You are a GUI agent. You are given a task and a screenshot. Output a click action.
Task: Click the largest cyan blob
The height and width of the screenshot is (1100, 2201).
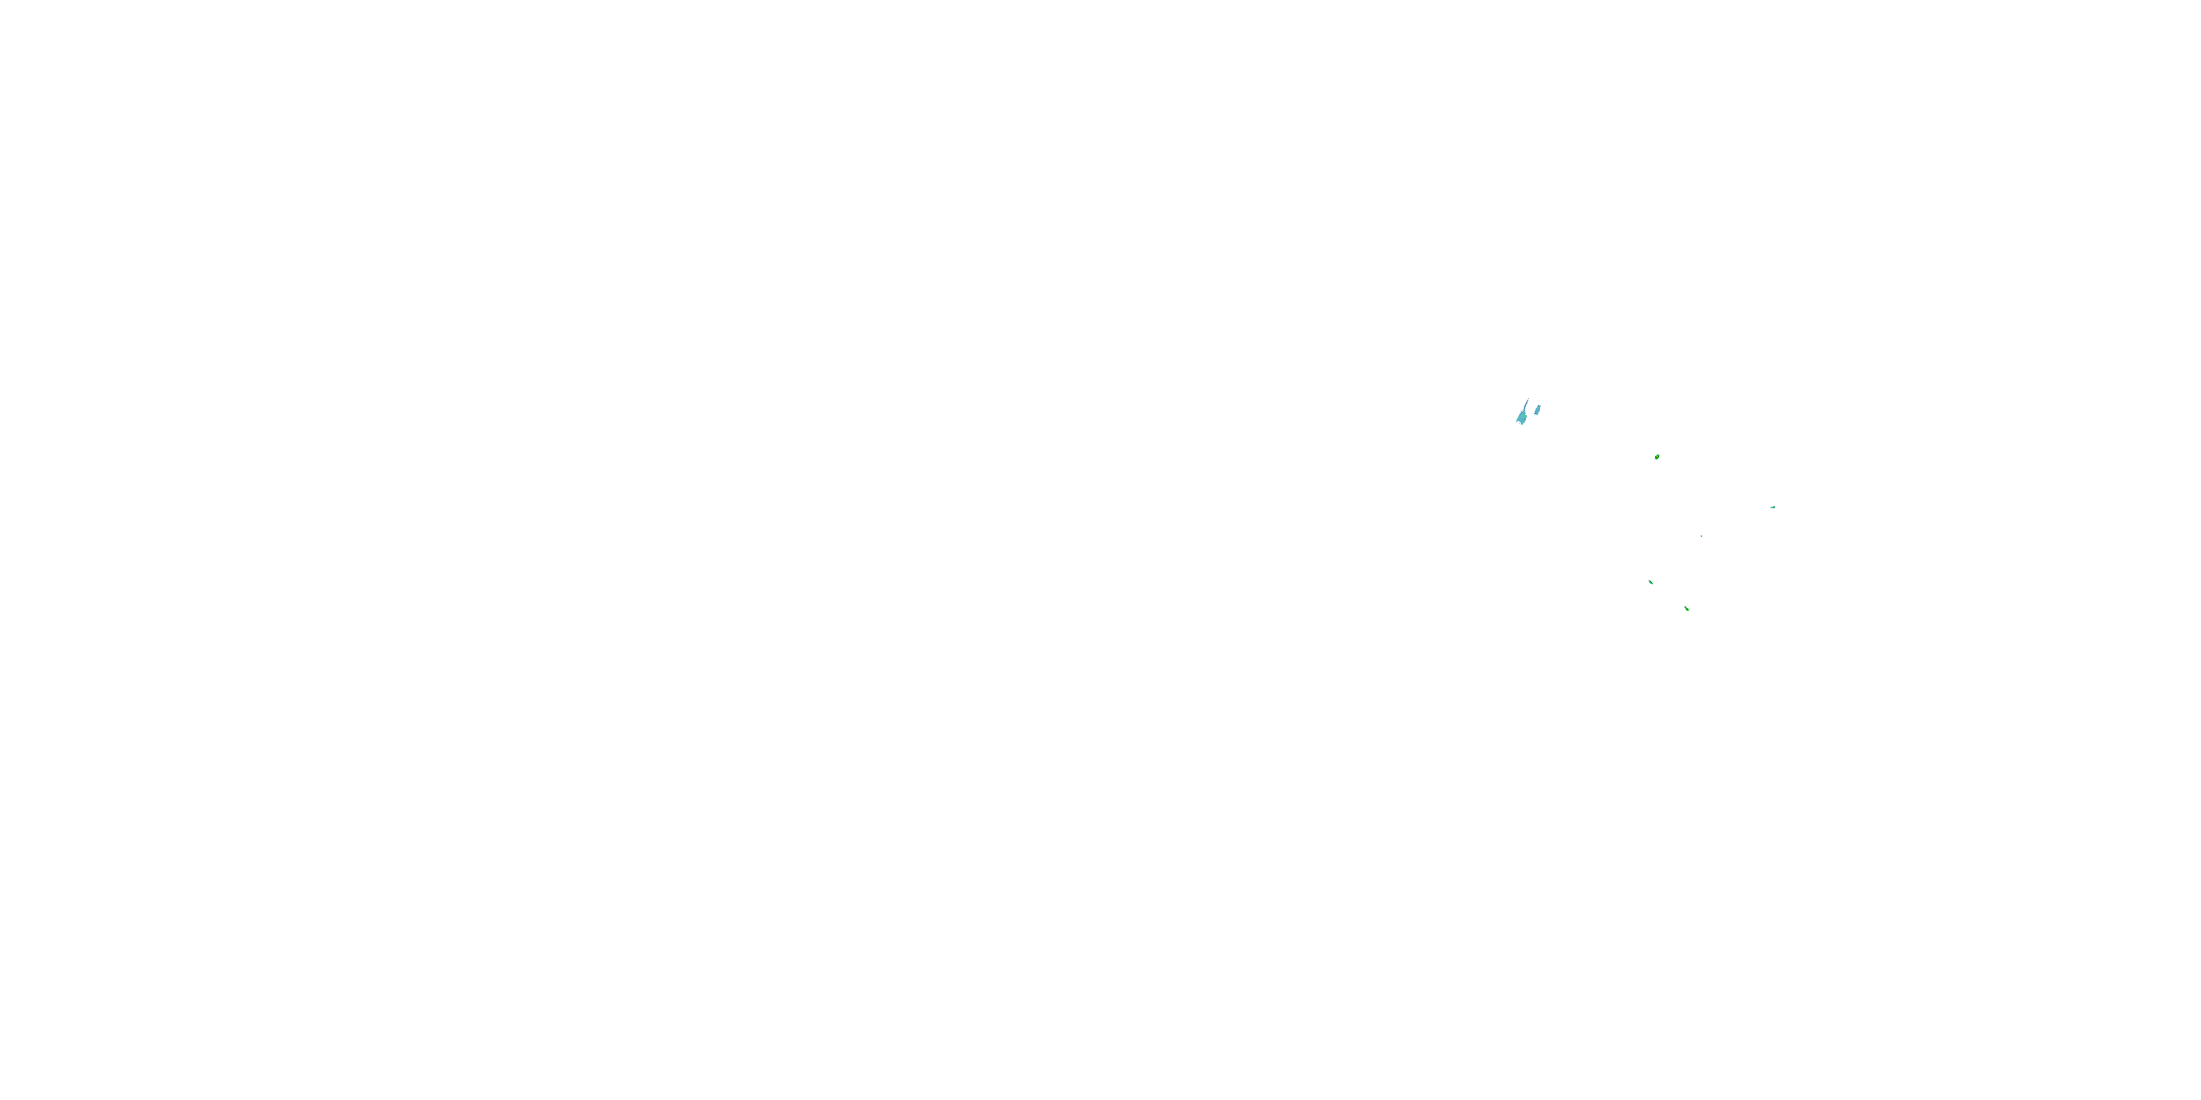(x=1522, y=417)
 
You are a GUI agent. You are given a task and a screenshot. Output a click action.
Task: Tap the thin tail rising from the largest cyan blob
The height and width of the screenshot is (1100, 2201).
(x=1526, y=405)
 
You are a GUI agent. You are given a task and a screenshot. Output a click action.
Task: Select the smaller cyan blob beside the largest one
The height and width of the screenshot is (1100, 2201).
(x=1537, y=410)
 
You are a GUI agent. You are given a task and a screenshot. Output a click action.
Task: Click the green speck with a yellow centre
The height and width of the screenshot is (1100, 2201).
(x=1657, y=457)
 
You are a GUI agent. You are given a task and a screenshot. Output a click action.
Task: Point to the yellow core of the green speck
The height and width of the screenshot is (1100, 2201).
(x=1657, y=458)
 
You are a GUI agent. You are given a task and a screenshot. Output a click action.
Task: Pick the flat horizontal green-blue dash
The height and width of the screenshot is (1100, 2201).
(x=1773, y=507)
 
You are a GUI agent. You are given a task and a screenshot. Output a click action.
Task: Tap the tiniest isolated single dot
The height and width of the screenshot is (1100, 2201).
(x=1701, y=535)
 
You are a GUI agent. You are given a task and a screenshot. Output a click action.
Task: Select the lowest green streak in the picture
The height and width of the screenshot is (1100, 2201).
(x=1687, y=609)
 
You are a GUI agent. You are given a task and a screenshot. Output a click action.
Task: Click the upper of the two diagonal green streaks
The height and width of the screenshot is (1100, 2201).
(x=1651, y=582)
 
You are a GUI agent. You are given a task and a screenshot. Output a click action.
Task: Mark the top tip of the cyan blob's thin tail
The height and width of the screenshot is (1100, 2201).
(x=1528, y=399)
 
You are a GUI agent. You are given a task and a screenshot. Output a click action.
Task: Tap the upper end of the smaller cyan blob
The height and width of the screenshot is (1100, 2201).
(x=1538, y=406)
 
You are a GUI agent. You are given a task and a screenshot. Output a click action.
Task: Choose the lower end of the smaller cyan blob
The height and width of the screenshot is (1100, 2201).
(x=1536, y=414)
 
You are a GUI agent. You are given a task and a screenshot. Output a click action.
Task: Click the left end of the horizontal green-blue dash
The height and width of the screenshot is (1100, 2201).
(x=1770, y=508)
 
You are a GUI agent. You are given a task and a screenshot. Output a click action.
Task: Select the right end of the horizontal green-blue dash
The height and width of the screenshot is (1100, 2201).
(x=1775, y=507)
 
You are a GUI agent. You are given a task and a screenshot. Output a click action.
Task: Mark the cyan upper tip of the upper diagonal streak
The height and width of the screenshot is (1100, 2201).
(x=1649, y=580)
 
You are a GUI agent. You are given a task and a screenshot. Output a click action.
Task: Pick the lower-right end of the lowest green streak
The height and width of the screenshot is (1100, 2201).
(x=1689, y=611)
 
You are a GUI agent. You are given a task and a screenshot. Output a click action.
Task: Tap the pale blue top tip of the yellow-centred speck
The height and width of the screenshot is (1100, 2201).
(x=1658, y=455)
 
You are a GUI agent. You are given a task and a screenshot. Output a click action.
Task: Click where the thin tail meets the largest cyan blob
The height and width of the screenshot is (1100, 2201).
(x=1525, y=411)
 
